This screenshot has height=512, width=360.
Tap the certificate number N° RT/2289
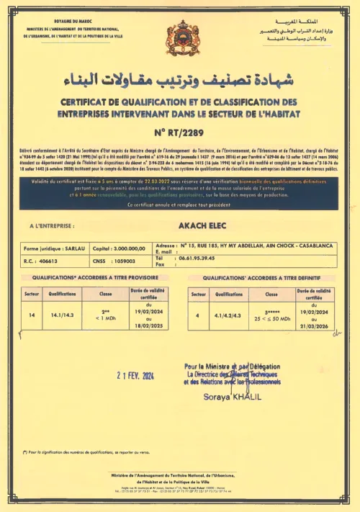pos(180,132)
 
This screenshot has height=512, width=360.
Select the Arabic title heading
pos(180,78)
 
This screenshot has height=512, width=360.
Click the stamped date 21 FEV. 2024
pos(126,375)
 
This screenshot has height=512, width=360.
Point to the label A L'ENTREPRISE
pos(53,225)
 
